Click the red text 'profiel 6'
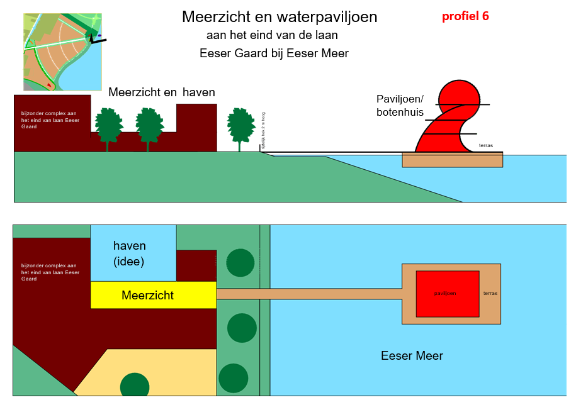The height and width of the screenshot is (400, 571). click(465, 16)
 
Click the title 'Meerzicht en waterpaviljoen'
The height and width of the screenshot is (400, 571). click(280, 17)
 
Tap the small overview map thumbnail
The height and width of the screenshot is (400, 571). click(62, 53)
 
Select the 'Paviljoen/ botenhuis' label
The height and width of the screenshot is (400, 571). click(400, 106)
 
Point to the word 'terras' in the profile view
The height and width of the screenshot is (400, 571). click(486, 146)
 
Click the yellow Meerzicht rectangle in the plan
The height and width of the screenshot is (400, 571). click(153, 295)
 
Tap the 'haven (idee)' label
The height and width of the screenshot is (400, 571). click(129, 253)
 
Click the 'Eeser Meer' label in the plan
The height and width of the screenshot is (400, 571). click(412, 356)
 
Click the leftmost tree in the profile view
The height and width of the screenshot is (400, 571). click(108, 126)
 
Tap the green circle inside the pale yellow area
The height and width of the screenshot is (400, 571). click(135, 385)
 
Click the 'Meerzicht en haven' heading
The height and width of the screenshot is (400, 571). click(162, 92)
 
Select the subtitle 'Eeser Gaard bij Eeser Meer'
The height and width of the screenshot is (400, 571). click(274, 53)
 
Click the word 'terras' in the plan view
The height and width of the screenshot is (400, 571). click(489, 294)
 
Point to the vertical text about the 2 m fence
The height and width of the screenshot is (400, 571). click(263, 130)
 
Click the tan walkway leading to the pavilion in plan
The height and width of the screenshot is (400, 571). click(308, 294)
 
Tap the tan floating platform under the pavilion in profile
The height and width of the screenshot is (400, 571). click(452, 160)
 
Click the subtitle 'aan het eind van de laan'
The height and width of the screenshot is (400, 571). click(272, 35)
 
